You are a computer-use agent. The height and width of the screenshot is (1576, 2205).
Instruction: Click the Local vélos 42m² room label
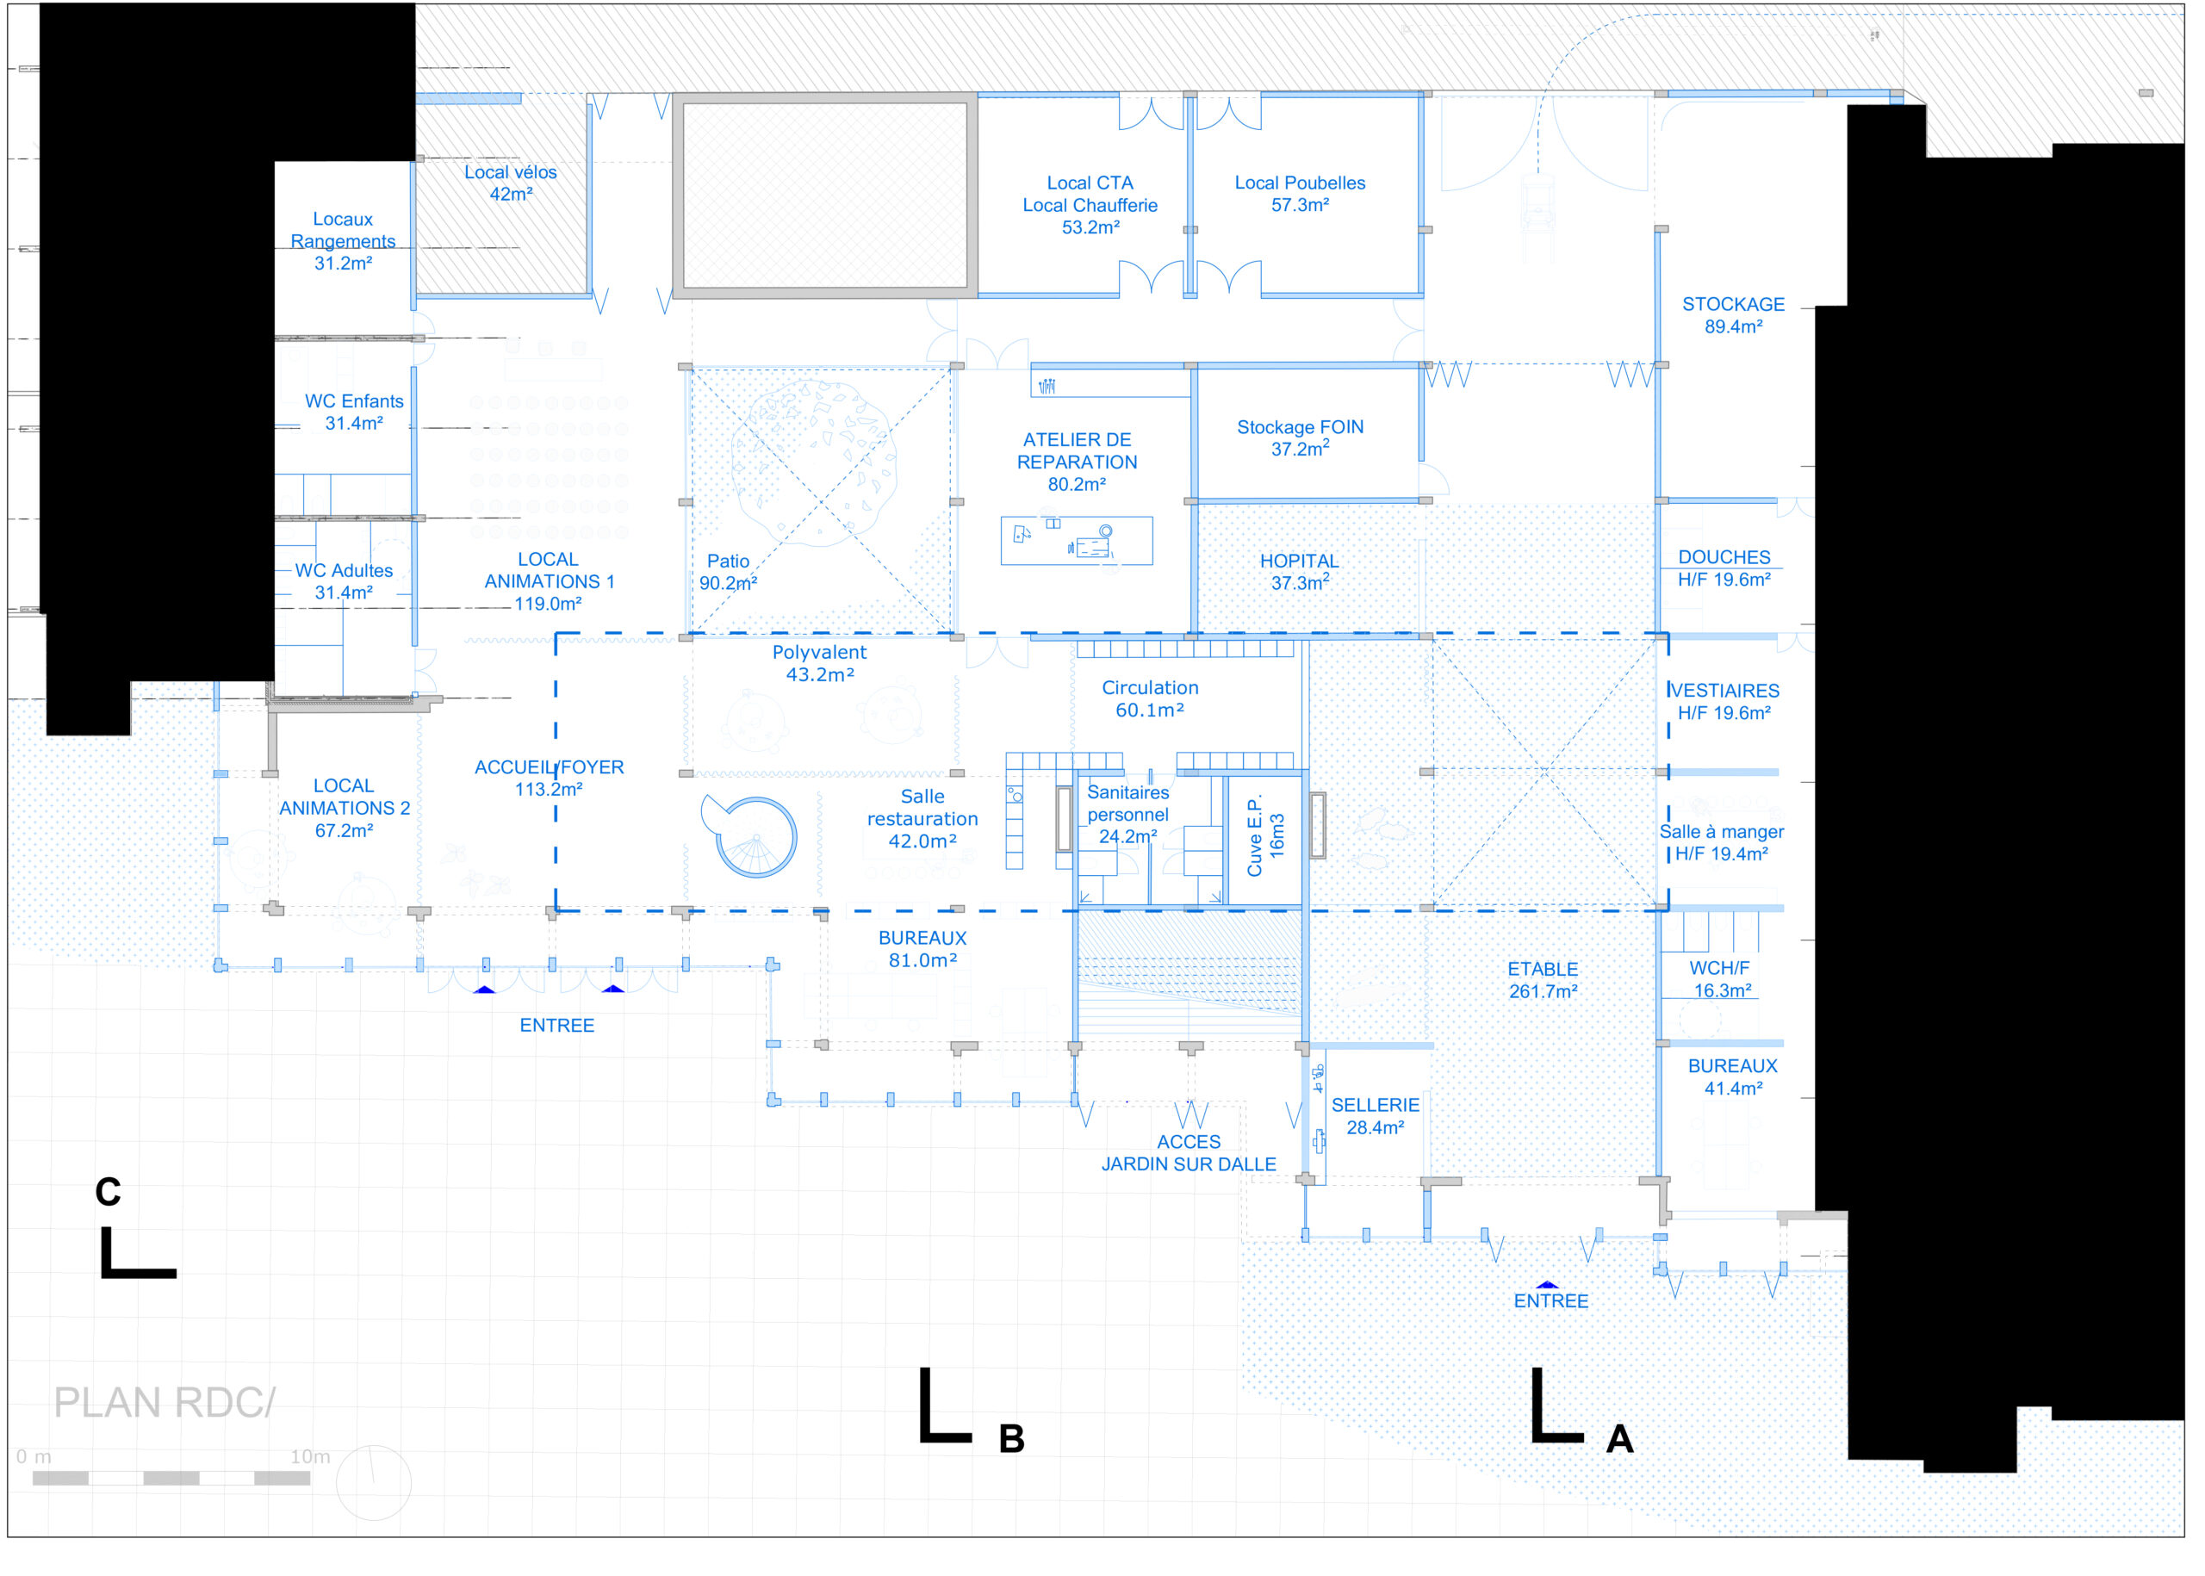coord(511,183)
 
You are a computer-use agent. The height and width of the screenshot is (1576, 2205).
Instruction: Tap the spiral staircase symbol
coord(756,837)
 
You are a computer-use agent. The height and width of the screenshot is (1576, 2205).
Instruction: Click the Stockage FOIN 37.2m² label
coord(1300,437)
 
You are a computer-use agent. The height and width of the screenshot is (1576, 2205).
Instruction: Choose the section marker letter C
coord(108,1192)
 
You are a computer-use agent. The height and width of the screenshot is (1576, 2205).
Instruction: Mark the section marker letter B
coord(1011,1439)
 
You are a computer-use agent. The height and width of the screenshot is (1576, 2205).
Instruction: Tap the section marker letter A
coord(1618,1439)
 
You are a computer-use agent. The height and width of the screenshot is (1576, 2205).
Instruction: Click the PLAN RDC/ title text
coord(164,1402)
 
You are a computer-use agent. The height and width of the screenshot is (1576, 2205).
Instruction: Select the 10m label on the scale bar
coord(309,1456)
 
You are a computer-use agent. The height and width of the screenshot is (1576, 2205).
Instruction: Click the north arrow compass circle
coord(374,1483)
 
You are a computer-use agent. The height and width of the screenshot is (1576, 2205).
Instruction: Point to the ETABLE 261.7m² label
coord(1542,980)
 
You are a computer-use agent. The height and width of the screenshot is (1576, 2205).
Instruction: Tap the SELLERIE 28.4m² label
coord(1374,1116)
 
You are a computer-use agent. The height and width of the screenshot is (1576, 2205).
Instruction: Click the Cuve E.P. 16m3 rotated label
coord(1265,835)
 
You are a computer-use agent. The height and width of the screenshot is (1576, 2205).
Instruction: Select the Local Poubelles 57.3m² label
coord(1300,193)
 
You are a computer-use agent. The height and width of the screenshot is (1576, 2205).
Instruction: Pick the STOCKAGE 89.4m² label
coord(1732,315)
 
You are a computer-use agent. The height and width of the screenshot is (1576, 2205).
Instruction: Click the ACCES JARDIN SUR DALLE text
coord(1188,1153)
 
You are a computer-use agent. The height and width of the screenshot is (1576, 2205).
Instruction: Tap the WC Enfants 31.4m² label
coord(353,412)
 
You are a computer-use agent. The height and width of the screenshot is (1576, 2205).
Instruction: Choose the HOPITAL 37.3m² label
coord(1299,572)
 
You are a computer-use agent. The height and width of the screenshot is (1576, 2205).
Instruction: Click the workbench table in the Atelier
coord(1077,541)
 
